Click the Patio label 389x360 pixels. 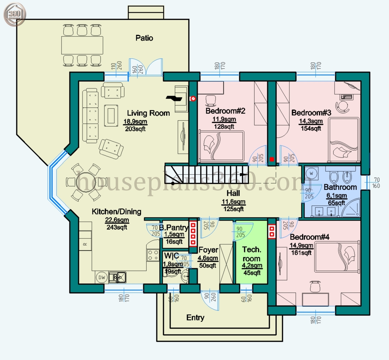tap(144, 38)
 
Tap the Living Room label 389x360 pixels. tap(148, 113)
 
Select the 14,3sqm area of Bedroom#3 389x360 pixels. tap(311, 121)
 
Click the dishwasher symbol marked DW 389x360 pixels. tap(102, 277)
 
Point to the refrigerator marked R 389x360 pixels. tap(85, 244)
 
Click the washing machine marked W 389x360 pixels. tap(311, 173)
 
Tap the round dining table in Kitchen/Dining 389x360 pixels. tap(86, 182)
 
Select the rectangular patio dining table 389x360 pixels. tap(82, 45)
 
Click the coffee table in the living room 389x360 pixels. tap(111, 115)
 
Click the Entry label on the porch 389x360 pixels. tap(195, 318)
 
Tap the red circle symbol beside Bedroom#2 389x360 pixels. tap(193, 98)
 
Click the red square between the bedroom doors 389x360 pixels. tap(272, 159)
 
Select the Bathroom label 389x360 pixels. tap(340, 187)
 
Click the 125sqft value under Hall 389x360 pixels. tap(233, 209)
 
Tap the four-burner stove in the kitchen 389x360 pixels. tap(153, 255)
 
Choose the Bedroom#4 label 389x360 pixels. tap(310, 237)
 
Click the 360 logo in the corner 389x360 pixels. tap(14, 14)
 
